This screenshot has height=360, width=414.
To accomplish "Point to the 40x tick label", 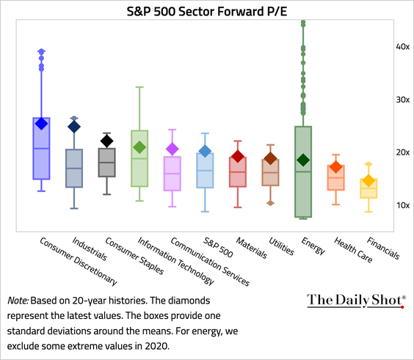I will click(402, 46).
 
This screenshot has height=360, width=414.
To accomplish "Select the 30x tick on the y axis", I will click(402, 99).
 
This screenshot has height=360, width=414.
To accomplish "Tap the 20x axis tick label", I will click(402, 152).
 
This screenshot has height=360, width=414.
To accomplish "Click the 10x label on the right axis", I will click(402, 205).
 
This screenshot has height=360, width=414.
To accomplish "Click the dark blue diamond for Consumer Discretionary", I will click(41, 123).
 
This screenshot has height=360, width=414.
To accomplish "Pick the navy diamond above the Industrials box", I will click(74, 126).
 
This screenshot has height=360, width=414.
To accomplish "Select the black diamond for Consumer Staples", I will click(107, 141).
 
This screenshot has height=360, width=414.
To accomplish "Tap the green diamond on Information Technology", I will click(139, 147).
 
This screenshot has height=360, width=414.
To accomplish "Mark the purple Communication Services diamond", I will click(172, 150).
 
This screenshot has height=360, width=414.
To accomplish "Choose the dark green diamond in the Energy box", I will click(303, 160).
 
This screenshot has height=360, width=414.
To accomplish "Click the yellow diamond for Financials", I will click(368, 181).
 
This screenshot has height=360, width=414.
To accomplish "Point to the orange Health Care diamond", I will click(335, 168).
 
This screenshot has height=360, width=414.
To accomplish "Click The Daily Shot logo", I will click(355, 299).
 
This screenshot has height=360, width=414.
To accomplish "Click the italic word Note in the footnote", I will click(19, 300).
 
